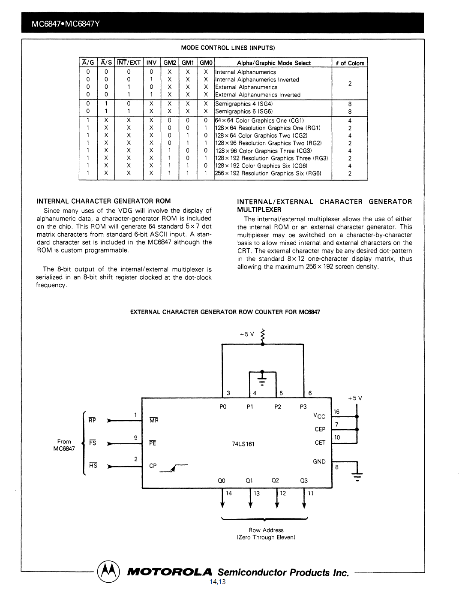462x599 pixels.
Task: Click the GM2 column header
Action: coord(170,63)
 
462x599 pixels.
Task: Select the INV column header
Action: coord(151,63)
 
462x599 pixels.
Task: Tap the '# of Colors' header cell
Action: coord(350,63)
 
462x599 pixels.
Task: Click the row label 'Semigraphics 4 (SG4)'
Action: coord(243,104)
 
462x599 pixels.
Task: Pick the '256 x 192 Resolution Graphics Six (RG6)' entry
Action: coord(268,173)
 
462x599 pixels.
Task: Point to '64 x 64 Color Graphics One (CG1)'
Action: coord(259,120)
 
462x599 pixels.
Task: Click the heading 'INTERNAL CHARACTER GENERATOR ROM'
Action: coord(104,201)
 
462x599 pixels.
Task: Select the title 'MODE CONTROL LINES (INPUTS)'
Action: coord(228,48)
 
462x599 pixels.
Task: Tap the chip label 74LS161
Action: coord(243,444)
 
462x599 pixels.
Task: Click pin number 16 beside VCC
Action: coord(336,412)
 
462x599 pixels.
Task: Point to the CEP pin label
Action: coord(320,429)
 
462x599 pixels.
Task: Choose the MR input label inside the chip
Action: coord(154,421)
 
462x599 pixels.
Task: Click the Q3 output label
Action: coord(304,481)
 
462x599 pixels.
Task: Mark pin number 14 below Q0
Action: coord(229,494)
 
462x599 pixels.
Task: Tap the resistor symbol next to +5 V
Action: coord(263,337)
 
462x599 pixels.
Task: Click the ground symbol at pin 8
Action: coord(357,475)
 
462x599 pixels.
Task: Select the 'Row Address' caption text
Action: coord(266,530)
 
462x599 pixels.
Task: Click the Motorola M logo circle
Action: coord(109,572)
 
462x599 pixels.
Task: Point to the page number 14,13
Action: coord(218,582)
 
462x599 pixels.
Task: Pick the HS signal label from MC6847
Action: coord(93,466)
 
